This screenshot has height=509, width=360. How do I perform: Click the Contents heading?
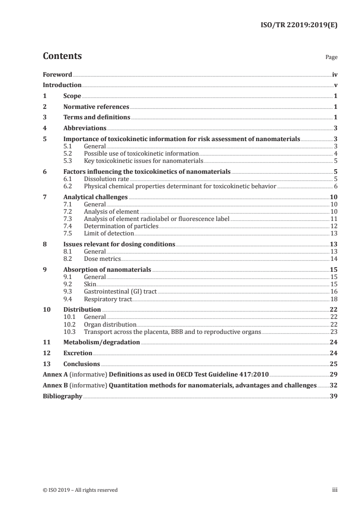[x=62, y=56]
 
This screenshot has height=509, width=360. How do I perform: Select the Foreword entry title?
[x=57, y=74]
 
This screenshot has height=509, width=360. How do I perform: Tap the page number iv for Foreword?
[x=335, y=74]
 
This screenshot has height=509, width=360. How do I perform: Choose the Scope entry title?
[x=72, y=96]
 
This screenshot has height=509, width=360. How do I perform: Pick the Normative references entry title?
[x=96, y=107]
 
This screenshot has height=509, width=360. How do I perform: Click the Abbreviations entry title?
[x=85, y=128]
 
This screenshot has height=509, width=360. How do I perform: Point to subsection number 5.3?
[x=68, y=161]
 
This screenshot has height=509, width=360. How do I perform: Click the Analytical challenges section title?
[x=95, y=197]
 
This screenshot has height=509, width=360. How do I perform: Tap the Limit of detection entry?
[x=109, y=233]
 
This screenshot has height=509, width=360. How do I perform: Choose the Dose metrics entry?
[x=103, y=259]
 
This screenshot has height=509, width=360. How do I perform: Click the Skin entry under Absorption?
[x=90, y=284]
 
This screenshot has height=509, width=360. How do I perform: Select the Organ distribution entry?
[x=110, y=324]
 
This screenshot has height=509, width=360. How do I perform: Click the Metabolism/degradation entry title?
[x=102, y=342]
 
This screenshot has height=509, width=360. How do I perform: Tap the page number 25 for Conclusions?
[x=334, y=364]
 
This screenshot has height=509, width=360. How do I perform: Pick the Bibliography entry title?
[x=63, y=396]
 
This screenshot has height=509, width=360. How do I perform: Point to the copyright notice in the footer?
[x=80, y=490]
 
